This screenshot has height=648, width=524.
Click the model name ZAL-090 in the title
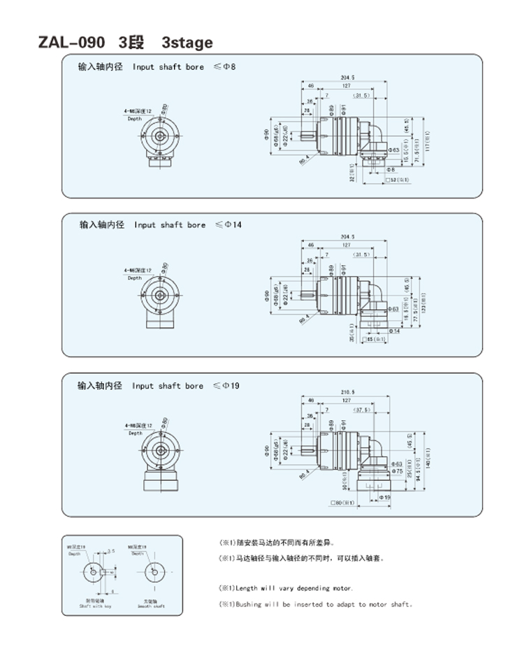tap(72, 43)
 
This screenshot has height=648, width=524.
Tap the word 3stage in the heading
tap(187, 43)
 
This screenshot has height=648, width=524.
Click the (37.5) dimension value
tap(362, 410)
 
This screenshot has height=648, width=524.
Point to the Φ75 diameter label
tap(395, 471)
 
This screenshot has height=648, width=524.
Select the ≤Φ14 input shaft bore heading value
tap(228, 225)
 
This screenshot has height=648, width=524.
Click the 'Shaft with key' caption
tap(94, 606)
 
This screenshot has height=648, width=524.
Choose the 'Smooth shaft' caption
tap(152, 606)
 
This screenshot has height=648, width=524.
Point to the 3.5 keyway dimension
tap(110, 552)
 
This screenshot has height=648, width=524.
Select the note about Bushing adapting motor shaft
tap(316, 604)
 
